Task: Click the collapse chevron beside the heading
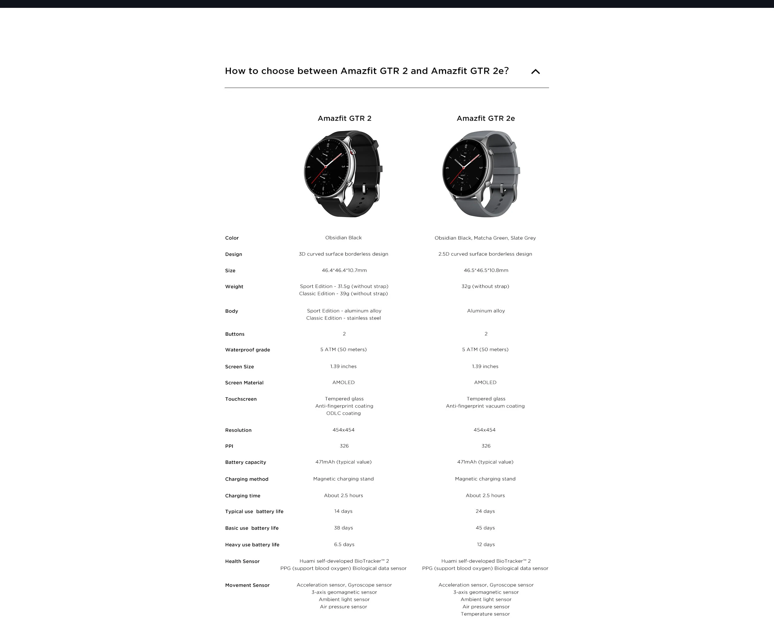point(535,71)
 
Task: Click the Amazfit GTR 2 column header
point(344,118)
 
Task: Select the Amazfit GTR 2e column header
point(485,118)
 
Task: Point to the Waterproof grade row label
point(247,350)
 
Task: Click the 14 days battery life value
point(343,511)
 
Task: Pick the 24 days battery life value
point(485,511)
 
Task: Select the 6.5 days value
point(344,544)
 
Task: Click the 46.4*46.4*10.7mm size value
point(344,270)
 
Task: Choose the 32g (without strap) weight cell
point(485,287)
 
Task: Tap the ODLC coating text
point(343,413)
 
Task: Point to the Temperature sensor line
point(485,614)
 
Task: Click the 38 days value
point(343,528)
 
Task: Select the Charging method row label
point(247,479)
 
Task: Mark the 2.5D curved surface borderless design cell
point(485,254)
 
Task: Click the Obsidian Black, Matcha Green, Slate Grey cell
point(485,238)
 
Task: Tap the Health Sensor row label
point(242,561)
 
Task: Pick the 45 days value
point(485,528)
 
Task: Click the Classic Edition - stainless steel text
point(343,318)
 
